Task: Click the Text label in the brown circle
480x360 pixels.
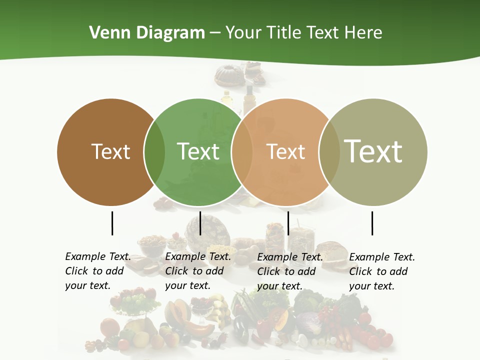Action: point(110,151)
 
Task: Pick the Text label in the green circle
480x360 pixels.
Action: point(198,151)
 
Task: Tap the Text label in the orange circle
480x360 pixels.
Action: point(285,151)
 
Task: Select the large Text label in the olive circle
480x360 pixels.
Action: point(373,151)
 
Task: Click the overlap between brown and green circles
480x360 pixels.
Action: point(154,152)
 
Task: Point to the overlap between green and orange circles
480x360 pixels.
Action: point(242,152)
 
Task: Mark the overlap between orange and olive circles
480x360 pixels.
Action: point(329,152)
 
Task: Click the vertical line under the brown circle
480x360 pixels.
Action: point(112,223)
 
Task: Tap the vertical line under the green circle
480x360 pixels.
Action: point(200,223)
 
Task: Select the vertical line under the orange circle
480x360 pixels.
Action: point(288,223)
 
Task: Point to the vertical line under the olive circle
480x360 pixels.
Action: point(372,223)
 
